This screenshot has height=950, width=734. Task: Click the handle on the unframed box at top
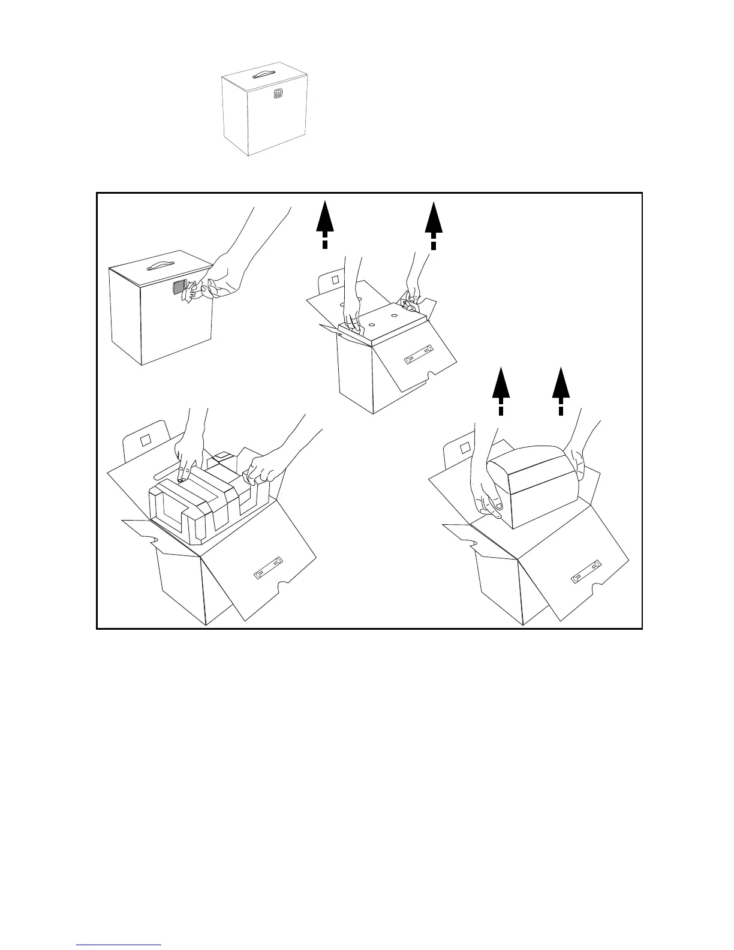pos(263,74)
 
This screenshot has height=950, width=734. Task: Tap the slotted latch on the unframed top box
pos(277,94)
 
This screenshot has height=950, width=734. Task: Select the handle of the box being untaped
pos(154,264)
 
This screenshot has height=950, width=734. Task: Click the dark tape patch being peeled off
pos(179,288)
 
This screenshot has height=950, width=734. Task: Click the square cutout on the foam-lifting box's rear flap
pos(335,279)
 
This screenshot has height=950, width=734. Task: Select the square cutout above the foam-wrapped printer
pos(145,440)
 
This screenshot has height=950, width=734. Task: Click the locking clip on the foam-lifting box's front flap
pos(419,356)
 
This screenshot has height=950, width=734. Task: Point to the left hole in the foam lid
pos(372,323)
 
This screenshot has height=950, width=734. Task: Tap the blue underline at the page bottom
pos(119,945)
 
